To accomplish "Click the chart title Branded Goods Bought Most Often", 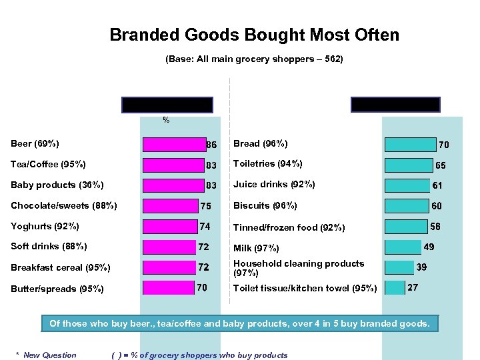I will pos(254,35).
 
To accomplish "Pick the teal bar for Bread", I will pos(410,144).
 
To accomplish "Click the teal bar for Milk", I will pos(403,247).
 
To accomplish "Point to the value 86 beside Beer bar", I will pos(211,144).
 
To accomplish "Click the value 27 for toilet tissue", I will pos(413,287).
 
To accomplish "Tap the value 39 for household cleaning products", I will pos(422,267).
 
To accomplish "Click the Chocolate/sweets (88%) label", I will pos(64,205).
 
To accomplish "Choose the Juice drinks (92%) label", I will pos(274,185).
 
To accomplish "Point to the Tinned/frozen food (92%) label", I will pos(289,227).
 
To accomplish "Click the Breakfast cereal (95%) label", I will pos(56,267).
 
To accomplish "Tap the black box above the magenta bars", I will pos(167,105).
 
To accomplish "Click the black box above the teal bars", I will pos(395,105).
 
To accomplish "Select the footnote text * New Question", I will pos(46,355).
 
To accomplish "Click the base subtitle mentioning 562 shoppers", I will pos(254,59).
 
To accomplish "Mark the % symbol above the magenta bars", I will pos(166,121).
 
